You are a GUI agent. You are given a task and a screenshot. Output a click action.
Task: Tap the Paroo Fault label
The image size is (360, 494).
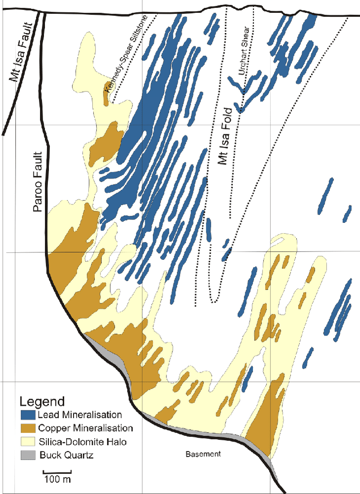pos(38,182)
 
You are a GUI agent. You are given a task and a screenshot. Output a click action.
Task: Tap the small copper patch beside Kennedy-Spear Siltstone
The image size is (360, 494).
pos(107,94)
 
